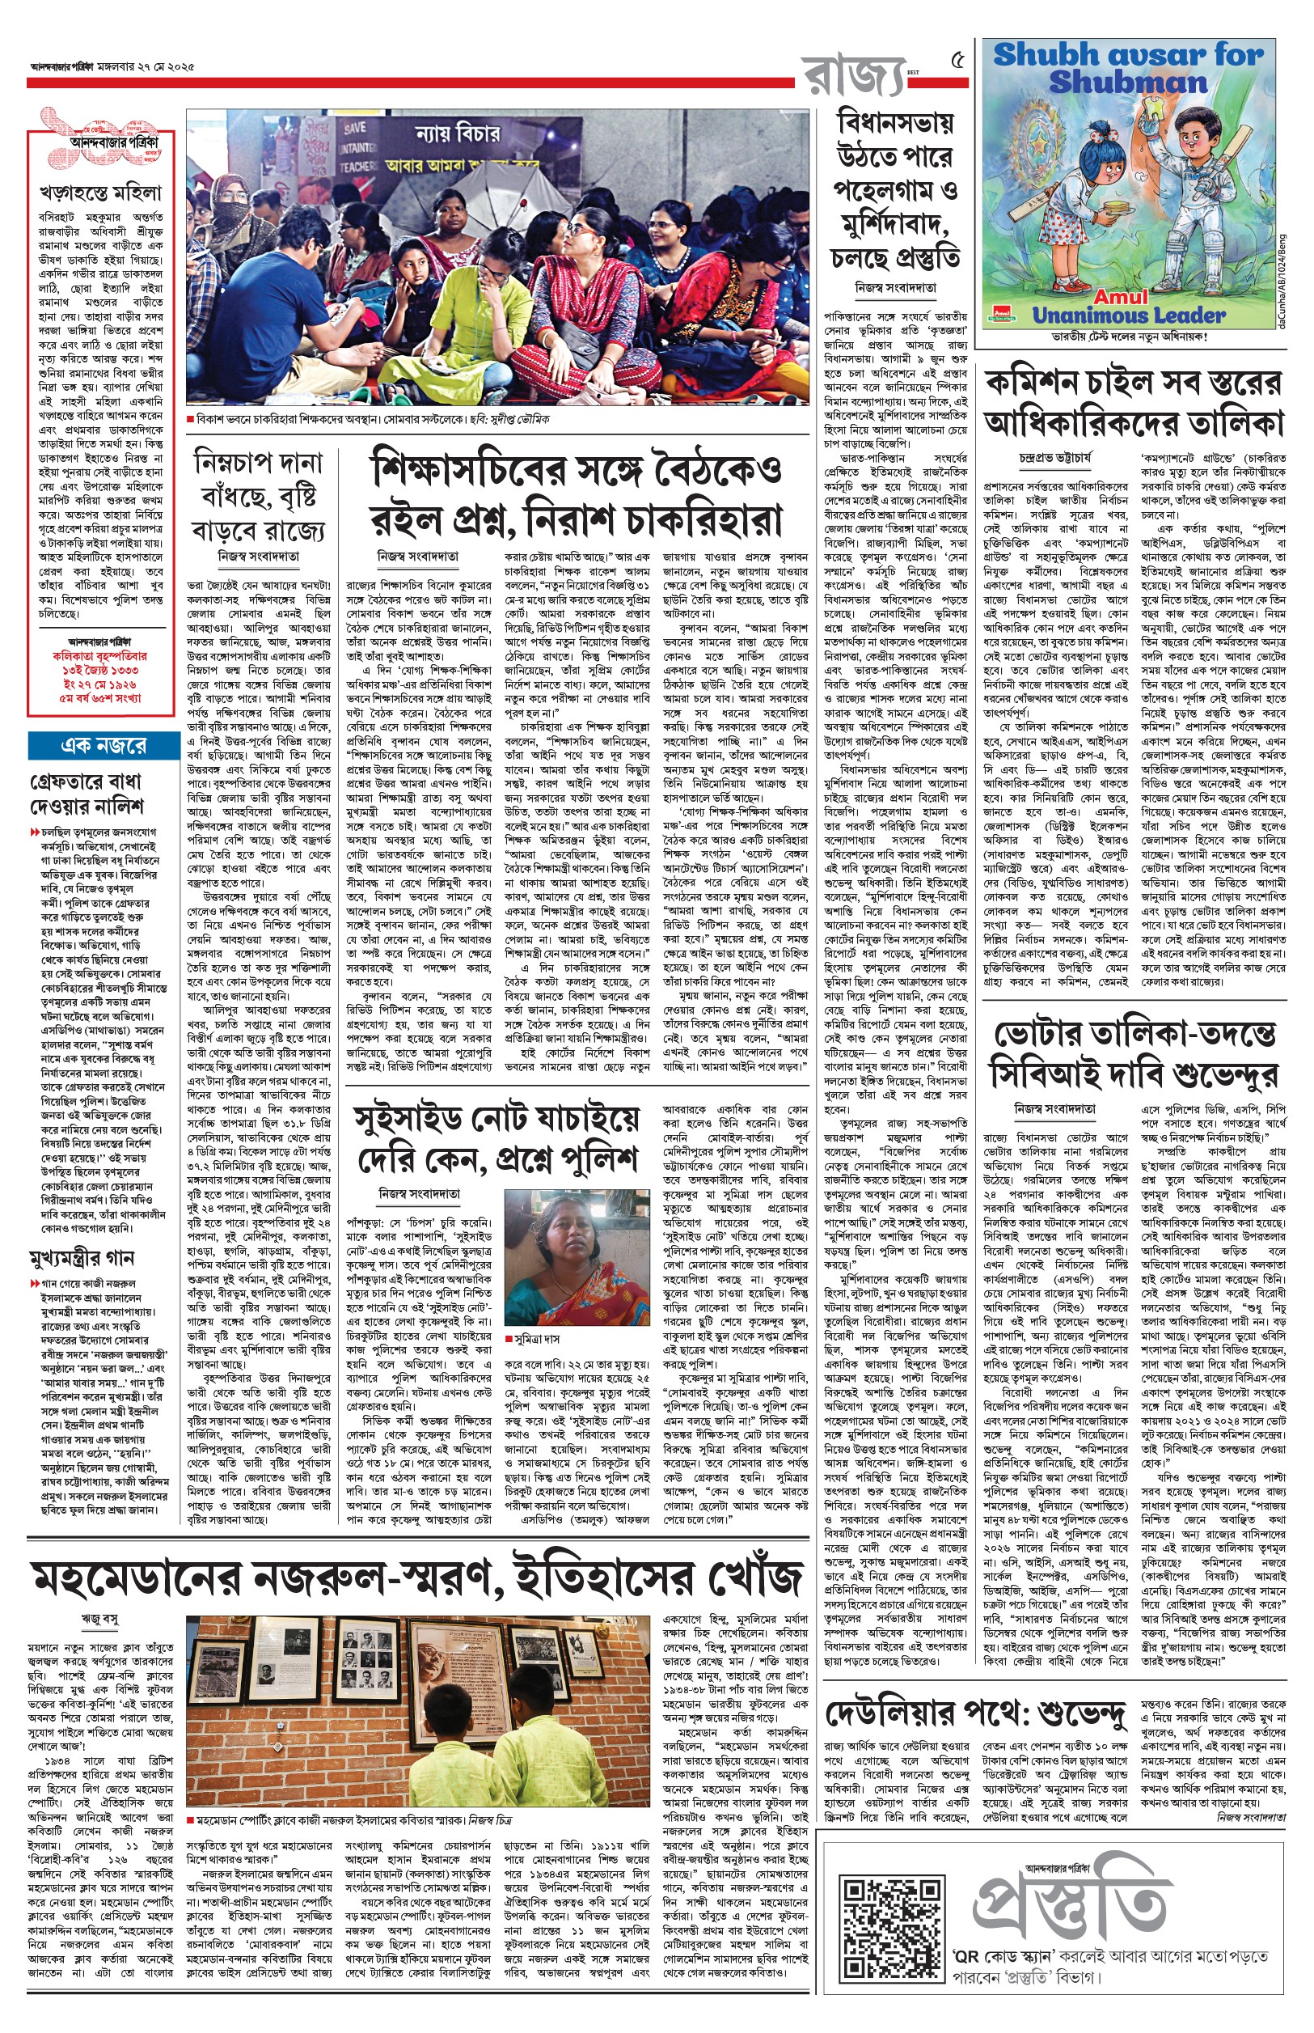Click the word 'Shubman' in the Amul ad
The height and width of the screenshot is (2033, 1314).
(x=1128, y=82)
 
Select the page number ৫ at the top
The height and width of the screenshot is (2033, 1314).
(x=958, y=61)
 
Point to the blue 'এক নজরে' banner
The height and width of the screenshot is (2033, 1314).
(x=104, y=745)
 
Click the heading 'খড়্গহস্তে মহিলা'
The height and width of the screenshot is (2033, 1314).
(x=101, y=193)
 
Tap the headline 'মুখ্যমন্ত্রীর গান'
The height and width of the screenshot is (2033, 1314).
(x=82, y=1257)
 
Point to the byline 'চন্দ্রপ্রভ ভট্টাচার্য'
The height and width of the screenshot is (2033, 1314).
(x=1054, y=457)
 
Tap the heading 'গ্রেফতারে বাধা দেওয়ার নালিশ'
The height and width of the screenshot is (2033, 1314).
(x=87, y=794)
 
